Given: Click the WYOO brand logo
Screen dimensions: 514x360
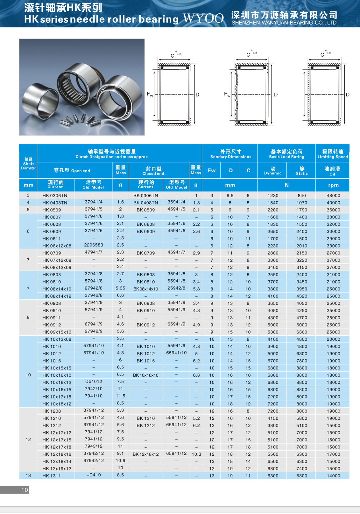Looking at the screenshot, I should click(x=203, y=18).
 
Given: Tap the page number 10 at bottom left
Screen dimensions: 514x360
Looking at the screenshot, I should click(x=25, y=490).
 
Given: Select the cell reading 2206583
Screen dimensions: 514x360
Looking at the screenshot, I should click(x=94, y=245).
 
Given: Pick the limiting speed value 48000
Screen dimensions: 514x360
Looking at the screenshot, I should click(x=333, y=196).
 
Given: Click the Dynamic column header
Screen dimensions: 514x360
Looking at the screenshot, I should click(x=273, y=170).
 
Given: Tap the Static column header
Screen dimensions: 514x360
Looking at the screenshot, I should click(x=302, y=170).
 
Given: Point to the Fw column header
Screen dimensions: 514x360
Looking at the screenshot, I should click(x=212, y=170).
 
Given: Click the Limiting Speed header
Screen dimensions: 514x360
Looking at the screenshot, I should click(x=333, y=154).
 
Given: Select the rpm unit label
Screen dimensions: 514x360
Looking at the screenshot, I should click(x=333, y=185).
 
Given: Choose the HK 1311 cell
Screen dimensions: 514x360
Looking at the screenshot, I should click(x=52, y=476).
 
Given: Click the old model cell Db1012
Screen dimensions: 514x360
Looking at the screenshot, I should click(x=94, y=382).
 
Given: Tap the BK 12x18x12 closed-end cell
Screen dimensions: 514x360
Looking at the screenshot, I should click(x=145, y=454).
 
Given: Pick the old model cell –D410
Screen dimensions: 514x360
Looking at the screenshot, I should click(x=94, y=475).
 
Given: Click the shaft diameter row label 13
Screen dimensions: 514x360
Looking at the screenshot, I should click(x=28, y=475).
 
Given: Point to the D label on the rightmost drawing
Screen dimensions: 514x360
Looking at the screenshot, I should click(x=348, y=95).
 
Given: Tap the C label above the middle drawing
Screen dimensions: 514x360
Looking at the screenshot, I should click(x=248, y=55).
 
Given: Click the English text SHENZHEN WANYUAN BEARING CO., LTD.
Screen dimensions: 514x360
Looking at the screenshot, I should click(x=285, y=23).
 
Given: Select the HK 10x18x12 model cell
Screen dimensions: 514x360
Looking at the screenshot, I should click(x=57, y=404).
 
